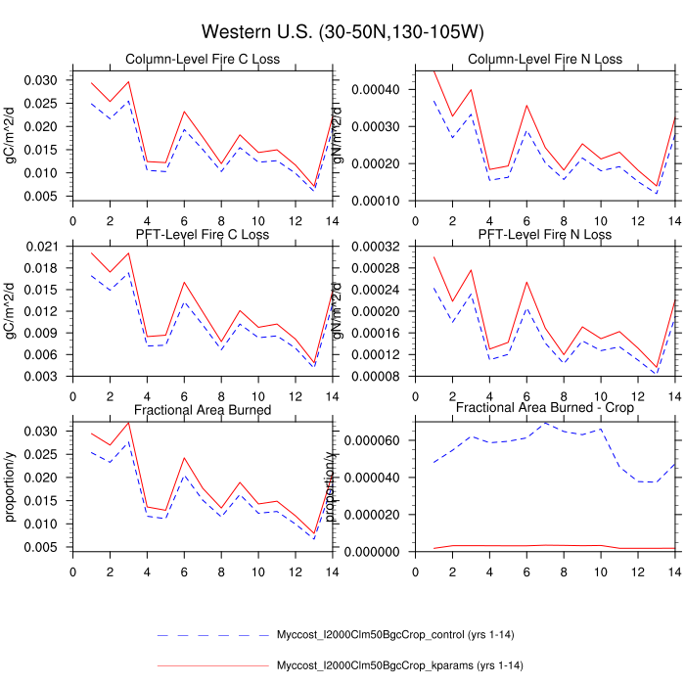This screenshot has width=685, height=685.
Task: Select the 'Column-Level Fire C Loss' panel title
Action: pos(202,60)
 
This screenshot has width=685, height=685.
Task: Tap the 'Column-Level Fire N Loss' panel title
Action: pos(545,60)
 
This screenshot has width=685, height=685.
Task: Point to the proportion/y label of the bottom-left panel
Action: pos(11,485)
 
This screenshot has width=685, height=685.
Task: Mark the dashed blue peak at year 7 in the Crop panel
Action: pos(545,423)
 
